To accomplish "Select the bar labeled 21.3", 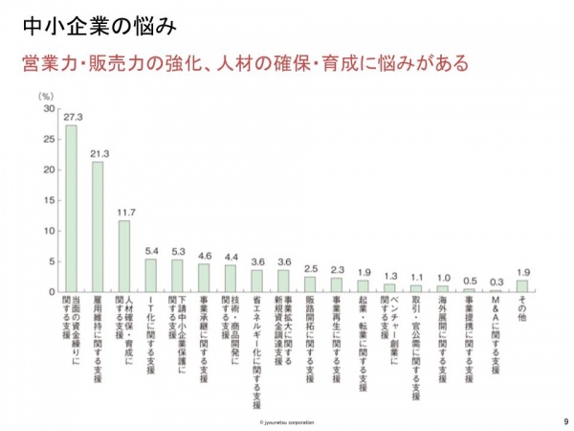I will point(98,226).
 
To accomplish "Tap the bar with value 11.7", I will point(124,256).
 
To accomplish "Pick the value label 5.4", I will point(150,251).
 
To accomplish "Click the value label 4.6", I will point(204,256).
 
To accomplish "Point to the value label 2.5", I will point(310,269).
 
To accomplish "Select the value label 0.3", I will point(496,282).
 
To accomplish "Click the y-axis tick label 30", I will point(49,109).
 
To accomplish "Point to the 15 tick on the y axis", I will point(49,200).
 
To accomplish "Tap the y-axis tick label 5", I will point(52,261).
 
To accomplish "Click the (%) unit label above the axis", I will point(44,97).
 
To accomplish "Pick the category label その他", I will point(521,311).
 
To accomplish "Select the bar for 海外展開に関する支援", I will point(443,288).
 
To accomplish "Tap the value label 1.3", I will point(389,276).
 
